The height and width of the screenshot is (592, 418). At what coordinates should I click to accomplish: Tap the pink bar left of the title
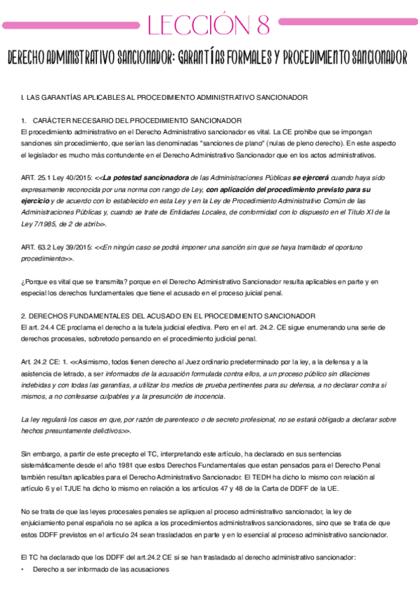(x=69, y=25)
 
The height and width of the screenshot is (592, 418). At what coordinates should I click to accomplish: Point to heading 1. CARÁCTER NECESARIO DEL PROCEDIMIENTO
(x=131, y=121)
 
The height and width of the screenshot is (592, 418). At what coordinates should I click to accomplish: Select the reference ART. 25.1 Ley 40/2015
(x=56, y=179)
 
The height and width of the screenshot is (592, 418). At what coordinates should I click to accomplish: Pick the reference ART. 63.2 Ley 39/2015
(x=56, y=246)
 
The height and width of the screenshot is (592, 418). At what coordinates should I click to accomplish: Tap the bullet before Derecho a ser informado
(x=23, y=570)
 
